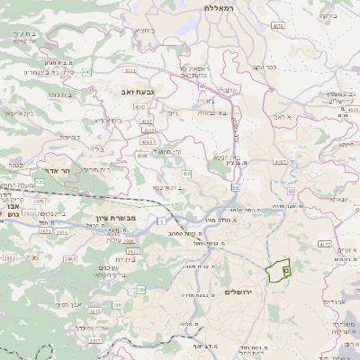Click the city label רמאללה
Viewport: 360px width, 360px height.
pyautogui.click(x=219, y=7)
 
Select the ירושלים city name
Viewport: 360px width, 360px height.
pyautogui.click(x=239, y=292)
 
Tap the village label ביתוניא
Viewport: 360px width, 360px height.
pyautogui.click(x=144, y=31)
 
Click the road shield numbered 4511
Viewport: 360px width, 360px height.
pyautogui.click(x=130, y=69)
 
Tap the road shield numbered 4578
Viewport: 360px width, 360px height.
pyautogui.click(x=277, y=26)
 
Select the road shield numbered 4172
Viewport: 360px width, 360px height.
pyautogui.click(x=325, y=243)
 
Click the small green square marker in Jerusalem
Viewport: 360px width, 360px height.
pyautogui.click(x=287, y=269)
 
